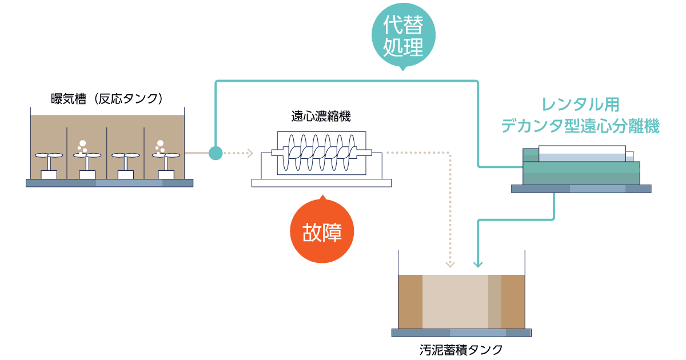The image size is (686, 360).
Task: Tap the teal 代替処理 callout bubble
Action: (404, 35)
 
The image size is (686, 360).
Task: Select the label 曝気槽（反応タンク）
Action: (108, 98)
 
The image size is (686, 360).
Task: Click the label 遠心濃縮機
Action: (321, 117)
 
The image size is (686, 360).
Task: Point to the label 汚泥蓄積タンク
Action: (461, 349)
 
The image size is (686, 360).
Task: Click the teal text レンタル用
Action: (580, 105)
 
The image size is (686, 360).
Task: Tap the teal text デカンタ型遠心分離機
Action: (580, 126)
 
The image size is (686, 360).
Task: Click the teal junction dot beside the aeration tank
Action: (216, 153)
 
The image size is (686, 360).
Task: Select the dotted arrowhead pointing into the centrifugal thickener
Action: (249, 153)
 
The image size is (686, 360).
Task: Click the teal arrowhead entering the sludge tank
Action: (478, 264)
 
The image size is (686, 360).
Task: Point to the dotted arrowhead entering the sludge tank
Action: (450, 264)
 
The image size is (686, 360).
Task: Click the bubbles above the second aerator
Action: (82, 146)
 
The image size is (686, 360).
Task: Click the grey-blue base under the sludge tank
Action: (461, 333)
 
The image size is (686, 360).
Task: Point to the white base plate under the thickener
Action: (321, 182)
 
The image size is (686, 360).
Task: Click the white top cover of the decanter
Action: (582, 150)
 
